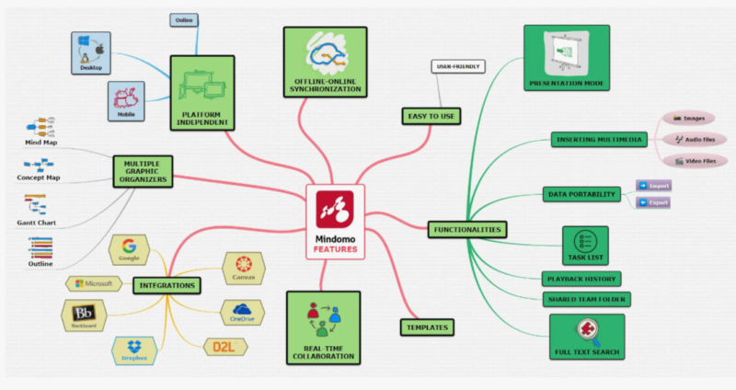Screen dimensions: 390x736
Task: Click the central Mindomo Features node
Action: click(x=335, y=222)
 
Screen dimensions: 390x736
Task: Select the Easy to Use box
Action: click(x=431, y=116)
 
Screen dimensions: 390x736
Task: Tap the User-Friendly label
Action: click(x=457, y=66)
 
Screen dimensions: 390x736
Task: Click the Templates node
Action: click(x=428, y=327)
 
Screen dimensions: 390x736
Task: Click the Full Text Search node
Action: click(x=586, y=336)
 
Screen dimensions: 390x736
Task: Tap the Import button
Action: click(x=653, y=185)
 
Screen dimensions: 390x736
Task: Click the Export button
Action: click(x=653, y=201)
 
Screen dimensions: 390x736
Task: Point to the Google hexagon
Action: click(x=128, y=249)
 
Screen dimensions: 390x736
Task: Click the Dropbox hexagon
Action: click(x=134, y=350)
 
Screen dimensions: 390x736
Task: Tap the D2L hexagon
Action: click(x=224, y=348)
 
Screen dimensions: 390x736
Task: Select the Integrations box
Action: click(x=167, y=285)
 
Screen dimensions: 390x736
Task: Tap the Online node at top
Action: click(x=184, y=19)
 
